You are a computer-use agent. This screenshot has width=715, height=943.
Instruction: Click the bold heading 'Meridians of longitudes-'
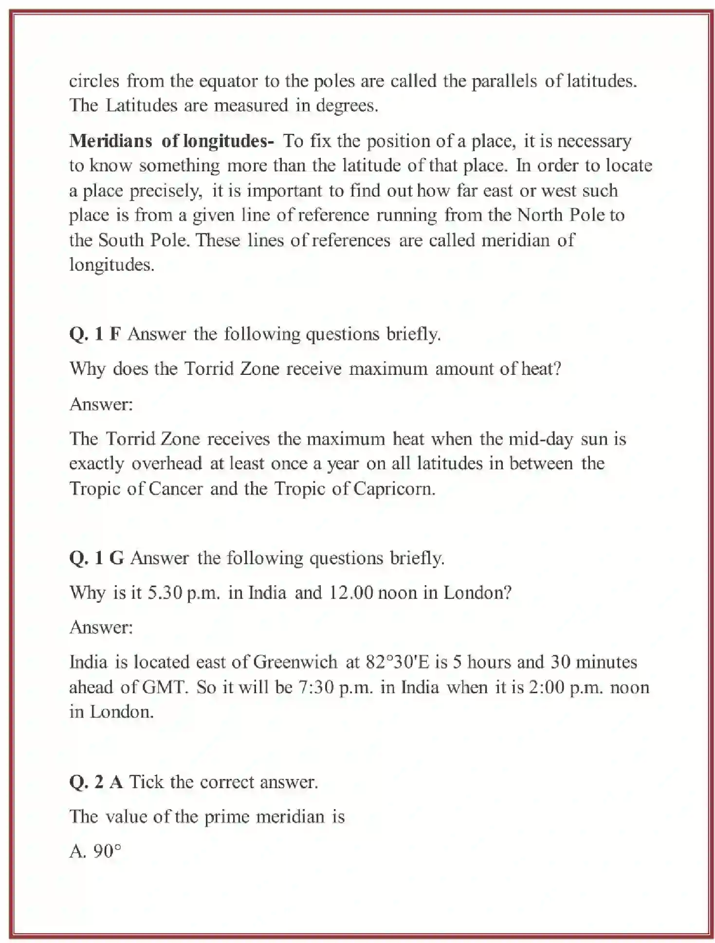click(x=171, y=141)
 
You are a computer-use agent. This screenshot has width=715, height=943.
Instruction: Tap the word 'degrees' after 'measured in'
click(x=346, y=106)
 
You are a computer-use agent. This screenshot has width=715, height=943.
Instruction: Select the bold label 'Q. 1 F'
click(x=95, y=334)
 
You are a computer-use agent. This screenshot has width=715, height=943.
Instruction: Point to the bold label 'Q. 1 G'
click(x=96, y=558)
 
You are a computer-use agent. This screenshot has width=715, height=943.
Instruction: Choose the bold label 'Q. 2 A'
click(x=95, y=782)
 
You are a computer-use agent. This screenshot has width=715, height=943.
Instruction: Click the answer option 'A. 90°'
click(x=95, y=851)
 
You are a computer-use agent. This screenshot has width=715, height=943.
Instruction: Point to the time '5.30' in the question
click(x=165, y=593)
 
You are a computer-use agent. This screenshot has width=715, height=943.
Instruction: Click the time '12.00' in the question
click(x=351, y=593)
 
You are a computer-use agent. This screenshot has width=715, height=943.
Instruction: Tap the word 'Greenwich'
click(x=295, y=662)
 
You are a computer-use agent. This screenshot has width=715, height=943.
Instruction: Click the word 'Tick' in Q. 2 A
click(x=146, y=782)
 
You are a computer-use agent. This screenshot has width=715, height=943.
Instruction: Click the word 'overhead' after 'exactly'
click(x=166, y=463)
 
